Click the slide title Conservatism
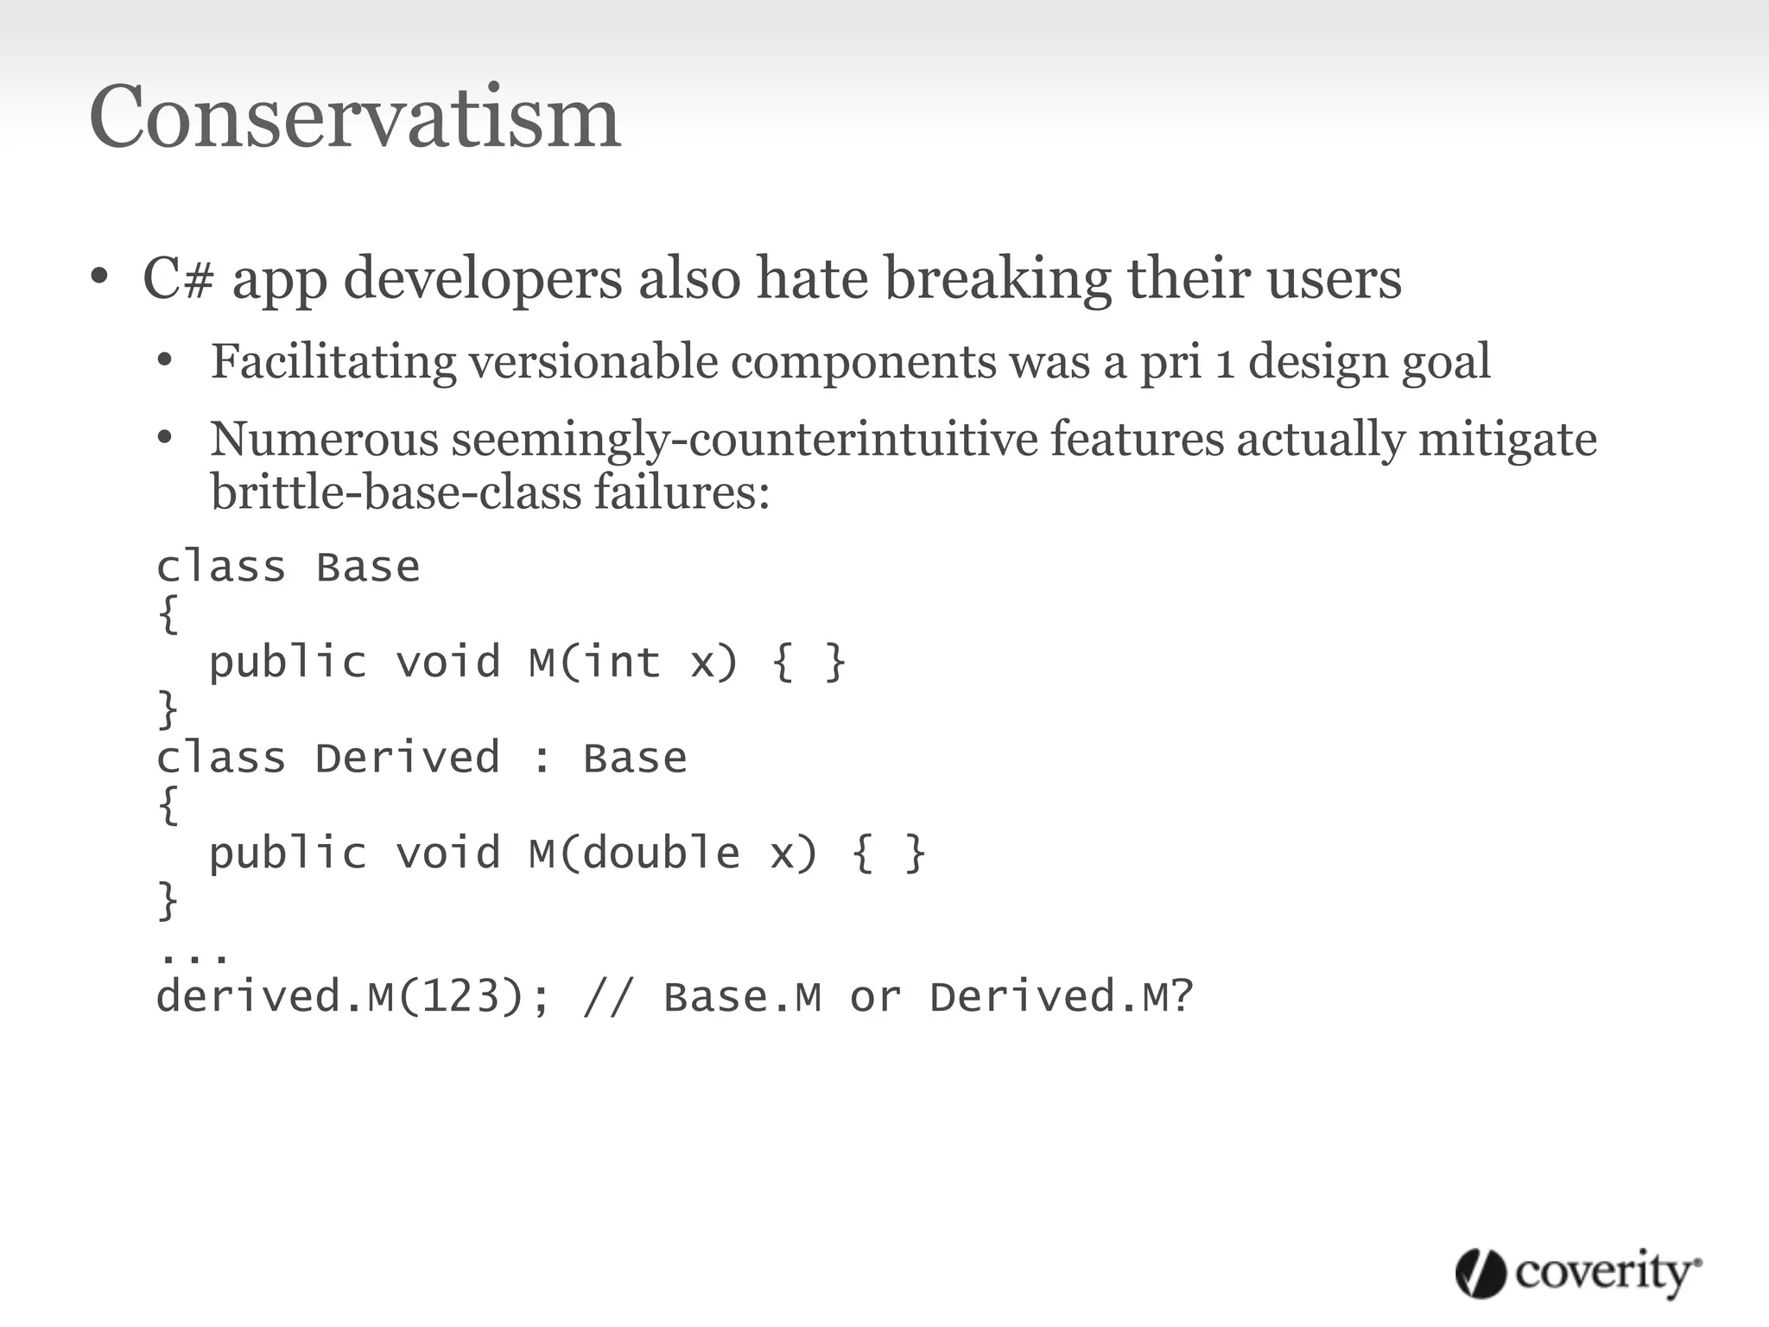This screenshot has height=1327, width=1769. pyautogui.click(x=354, y=117)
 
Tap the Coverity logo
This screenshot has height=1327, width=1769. pyautogui.click(x=1578, y=1273)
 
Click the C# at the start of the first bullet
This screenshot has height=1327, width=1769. pyautogui.click(x=178, y=279)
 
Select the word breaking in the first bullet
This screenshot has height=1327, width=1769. pyautogui.click(x=999, y=279)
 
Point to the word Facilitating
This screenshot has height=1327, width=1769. pyautogui.click(x=333, y=361)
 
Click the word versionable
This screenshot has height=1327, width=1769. pyautogui.click(x=593, y=361)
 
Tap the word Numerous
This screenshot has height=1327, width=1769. pyautogui.click(x=324, y=439)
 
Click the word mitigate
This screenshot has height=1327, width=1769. pyautogui.click(x=1506, y=439)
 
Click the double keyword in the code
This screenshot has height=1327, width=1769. pyautogui.click(x=661, y=853)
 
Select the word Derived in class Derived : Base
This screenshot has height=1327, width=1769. pyautogui.click(x=407, y=758)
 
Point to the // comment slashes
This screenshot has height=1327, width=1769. pyautogui.click(x=609, y=996)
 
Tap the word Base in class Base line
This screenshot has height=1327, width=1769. pyautogui.click(x=368, y=568)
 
